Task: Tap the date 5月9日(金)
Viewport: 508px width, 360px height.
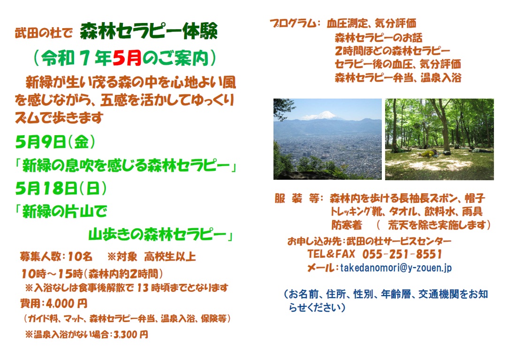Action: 55,142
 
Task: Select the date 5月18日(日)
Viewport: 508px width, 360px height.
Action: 61,188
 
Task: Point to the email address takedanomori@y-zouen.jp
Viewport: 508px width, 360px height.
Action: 395,268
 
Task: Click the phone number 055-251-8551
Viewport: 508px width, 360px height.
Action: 402,254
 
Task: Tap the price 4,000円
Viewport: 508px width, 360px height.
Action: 67,304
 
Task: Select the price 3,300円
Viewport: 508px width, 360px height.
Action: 131,334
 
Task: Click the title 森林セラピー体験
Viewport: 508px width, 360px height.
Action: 149,31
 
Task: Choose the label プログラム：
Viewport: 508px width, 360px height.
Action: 295,23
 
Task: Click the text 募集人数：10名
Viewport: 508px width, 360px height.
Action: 56,257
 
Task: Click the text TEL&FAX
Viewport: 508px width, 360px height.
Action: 331,254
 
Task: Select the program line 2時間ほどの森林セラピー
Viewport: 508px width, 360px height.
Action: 392,51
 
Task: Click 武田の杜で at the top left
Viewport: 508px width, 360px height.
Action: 44,33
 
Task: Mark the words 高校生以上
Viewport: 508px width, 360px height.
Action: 170,257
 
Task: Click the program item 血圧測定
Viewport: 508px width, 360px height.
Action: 347,23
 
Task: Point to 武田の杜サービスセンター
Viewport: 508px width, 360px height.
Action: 399,241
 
